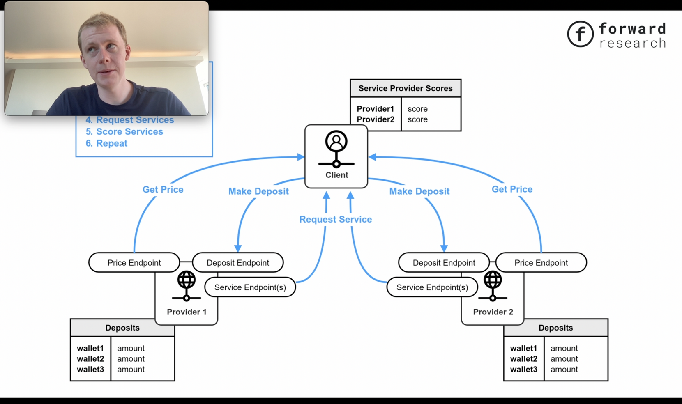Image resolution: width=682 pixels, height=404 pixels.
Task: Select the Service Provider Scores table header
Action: (405, 88)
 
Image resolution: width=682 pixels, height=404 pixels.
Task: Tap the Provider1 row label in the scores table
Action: (375, 109)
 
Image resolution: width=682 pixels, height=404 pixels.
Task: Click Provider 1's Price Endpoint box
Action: (134, 263)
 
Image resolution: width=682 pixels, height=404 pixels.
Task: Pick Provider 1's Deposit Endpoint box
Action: (237, 263)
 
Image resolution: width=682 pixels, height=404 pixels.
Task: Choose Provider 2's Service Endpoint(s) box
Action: (432, 287)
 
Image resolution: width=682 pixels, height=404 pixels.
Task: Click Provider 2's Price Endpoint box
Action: (541, 263)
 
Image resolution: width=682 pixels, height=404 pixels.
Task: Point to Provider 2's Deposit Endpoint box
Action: (444, 263)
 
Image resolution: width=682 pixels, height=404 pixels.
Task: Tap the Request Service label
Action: (335, 219)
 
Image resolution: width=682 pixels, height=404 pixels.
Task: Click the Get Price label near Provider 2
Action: (512, 189)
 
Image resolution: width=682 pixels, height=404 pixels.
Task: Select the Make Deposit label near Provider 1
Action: (258, 191)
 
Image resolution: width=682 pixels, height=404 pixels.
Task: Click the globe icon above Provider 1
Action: (186, 280)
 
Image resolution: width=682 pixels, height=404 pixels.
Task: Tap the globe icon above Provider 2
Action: (493, 280)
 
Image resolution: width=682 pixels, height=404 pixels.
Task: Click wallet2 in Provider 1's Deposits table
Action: (90, 359)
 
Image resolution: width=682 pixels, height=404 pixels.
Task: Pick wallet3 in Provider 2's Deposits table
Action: (523, 370)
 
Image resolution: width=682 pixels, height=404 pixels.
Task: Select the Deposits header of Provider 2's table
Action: (555, 328)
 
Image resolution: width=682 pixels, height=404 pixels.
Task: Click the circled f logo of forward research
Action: (580, 34)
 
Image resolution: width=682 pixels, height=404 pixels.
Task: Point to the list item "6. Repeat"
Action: (106, 143)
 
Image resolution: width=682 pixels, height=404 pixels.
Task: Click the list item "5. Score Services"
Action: (124, 132)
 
